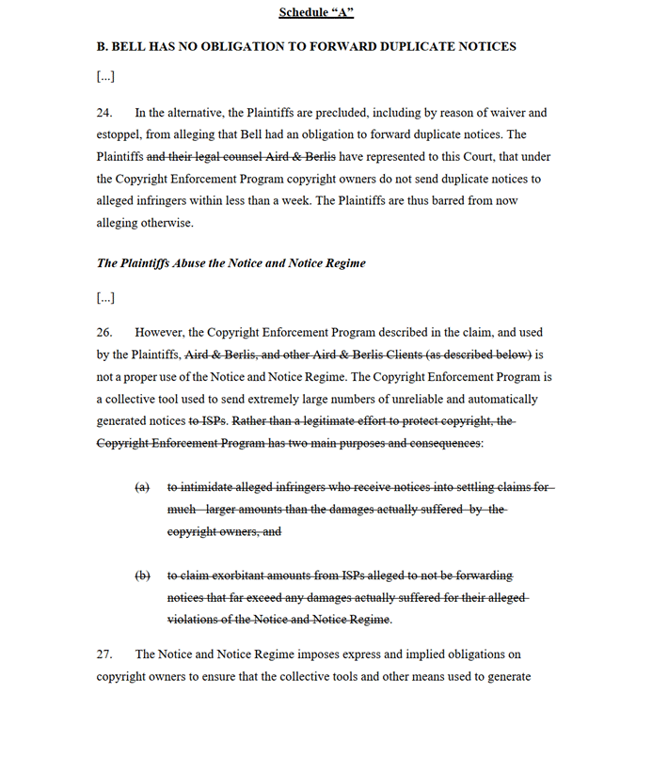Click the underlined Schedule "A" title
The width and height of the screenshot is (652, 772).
tap(315, 12)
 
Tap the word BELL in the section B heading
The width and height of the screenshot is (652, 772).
tap(132, 46)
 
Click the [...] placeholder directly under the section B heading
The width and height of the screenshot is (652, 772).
tap(105, 76)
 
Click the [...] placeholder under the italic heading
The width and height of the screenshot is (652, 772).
tap(105, 298)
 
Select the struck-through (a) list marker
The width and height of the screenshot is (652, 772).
tap(142, 487)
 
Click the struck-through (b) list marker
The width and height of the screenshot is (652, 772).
tap(142, 575)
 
